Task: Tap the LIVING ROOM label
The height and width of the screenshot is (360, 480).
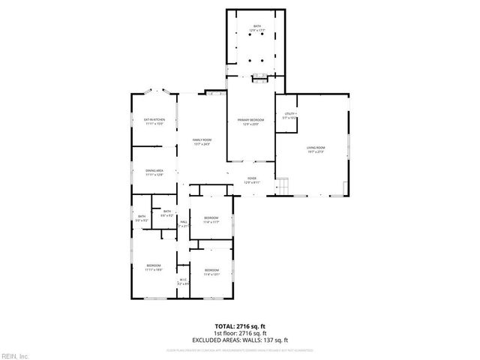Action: pos(315,150)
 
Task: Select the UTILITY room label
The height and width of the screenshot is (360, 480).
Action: pos(289,116)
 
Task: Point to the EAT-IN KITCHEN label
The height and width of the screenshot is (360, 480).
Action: pos(154,121)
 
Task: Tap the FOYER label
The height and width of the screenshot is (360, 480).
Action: pos(251,181)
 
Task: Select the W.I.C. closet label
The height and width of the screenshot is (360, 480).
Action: pos(182,281)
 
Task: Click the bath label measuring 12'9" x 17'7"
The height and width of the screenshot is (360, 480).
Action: pos(257,28)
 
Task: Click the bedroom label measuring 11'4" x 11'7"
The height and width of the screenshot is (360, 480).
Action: pos(211,220)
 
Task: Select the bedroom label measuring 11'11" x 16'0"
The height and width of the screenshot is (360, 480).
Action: pos(154,268)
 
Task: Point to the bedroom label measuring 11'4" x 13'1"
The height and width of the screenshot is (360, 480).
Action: pos(211,271)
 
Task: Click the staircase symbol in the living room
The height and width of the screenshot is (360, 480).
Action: pos(283,185)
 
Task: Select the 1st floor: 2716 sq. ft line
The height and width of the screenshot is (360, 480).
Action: pos(239,332)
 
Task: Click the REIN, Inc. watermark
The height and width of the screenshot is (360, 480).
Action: pos(14,355)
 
